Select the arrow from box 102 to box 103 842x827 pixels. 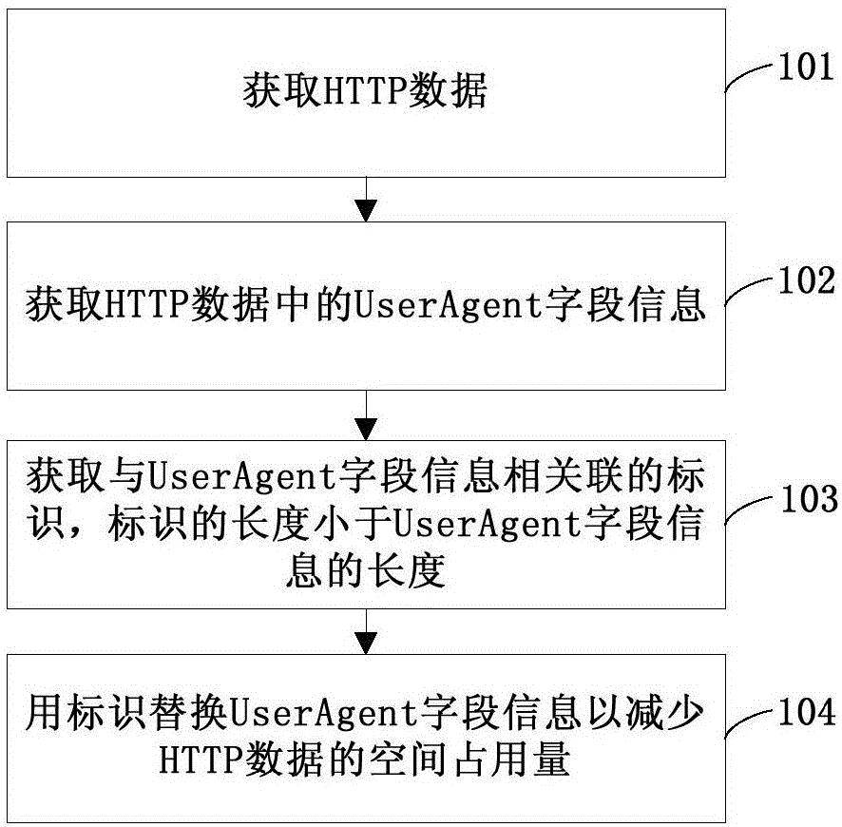pyautogui.click(x=366, y=415)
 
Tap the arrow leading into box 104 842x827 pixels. pyautogui.click(x=366, y=632)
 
